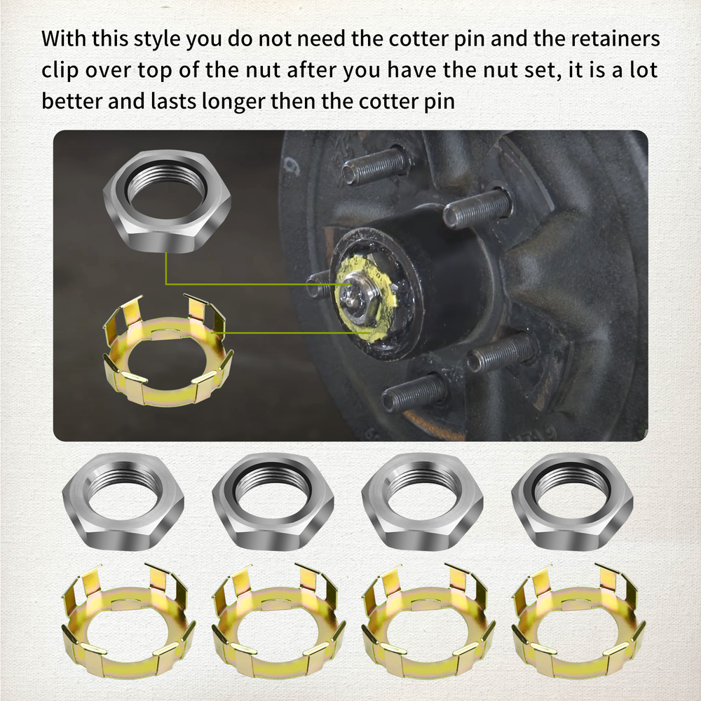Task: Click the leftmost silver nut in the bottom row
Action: tap(123, 501)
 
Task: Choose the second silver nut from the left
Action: tap(273, 501)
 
